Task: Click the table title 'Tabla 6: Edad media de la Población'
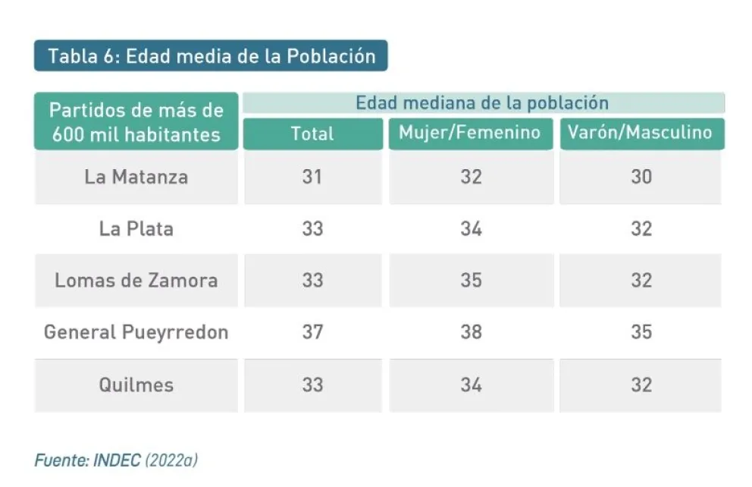coord(211,56)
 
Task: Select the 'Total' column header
coord(312,134)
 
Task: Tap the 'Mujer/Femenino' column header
coord(470,133)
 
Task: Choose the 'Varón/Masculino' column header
coord(641,133)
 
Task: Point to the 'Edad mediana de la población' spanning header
coord(483,102)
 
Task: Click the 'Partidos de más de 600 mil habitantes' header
coord(136,122)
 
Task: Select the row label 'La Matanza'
coord(136,177)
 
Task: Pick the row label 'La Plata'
coord(136,228)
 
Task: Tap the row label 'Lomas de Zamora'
coord(136,280)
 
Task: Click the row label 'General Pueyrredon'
coord(136,331)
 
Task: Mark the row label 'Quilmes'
coord(136,384)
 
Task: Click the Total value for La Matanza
coord(312,177)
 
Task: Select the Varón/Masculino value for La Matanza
coord(641,177)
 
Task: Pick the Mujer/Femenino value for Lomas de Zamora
coord(471,280)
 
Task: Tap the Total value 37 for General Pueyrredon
coord(312,331)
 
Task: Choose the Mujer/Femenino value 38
coord(471,331)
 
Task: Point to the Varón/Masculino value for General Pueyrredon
coord(641,331)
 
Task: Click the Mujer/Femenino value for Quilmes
coord(471,384)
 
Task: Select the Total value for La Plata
coord(312,228)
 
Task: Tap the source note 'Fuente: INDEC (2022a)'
coord(116,460)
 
